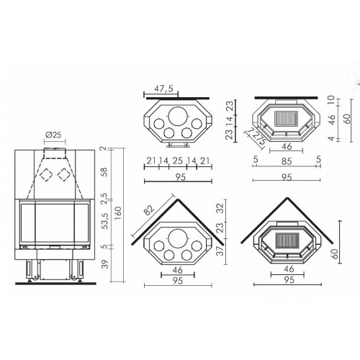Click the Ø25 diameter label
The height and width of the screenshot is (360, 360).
point(53,135)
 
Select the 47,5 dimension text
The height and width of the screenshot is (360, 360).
point(163,89)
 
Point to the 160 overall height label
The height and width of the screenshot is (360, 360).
point(119,213)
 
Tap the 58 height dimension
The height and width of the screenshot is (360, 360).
point(105,172)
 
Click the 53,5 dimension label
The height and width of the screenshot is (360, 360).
point(105,221)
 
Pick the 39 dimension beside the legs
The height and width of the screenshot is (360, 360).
point(105,264)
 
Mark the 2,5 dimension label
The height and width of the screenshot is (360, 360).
point(105,198)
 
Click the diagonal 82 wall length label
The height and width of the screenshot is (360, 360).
point(149,210)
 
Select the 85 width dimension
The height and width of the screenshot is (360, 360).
point(287,161)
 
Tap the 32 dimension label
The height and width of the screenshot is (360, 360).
point(220,208)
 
